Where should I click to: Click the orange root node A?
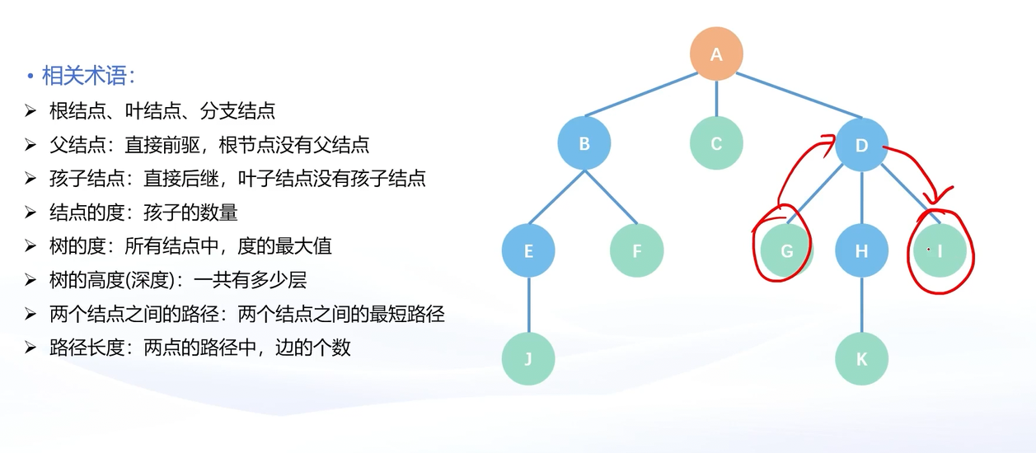[x=716, y=54]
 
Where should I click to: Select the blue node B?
[x=584, y=144]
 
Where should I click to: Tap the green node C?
[x=716, y=144]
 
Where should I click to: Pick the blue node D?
[x=861, y=146]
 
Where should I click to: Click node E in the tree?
[x=528, y=250]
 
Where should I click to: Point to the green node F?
[x=636, y=250]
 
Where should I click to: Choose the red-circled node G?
[x=786, y=250]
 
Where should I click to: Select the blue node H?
[x=861, y=250]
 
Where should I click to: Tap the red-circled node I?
[x=940, y=250]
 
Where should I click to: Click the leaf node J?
[x=528, y=358]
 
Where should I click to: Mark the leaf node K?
[x=861, y=358]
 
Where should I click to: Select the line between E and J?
[x=528, y=305]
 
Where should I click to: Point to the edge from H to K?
[x=861, y=305]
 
